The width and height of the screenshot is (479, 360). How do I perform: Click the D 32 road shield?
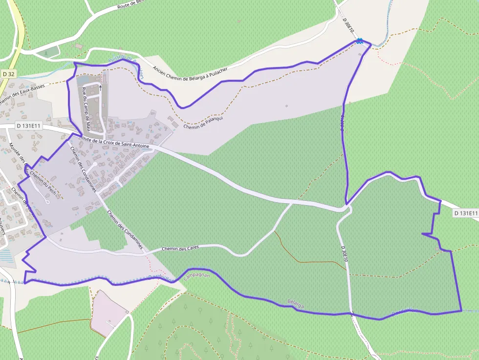tap(8, 74)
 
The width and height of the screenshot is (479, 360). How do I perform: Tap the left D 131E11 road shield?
tap(28, 126)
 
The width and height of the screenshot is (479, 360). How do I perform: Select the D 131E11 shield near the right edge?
tap(464, 213)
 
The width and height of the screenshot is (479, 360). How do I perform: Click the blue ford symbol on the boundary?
tap(360, 42)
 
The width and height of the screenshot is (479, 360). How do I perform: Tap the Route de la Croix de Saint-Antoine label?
tap(117, 143)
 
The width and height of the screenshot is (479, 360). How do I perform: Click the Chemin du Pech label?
tap(46, 185)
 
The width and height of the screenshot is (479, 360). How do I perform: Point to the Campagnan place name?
tap(196, 276)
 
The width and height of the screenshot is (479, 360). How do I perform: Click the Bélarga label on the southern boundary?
tap(296, 303)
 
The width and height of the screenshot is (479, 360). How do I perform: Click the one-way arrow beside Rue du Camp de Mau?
tap(101, 88)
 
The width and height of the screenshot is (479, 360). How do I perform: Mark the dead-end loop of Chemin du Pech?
tap(48, 201)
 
